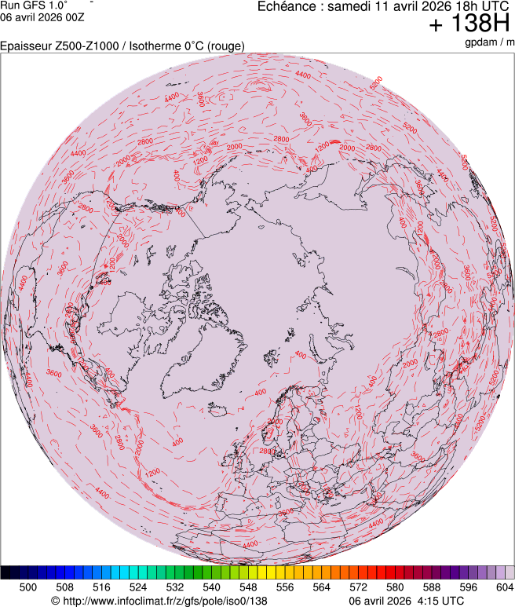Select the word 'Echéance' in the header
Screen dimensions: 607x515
click(286, 6)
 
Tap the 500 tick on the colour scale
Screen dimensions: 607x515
click(28, 587)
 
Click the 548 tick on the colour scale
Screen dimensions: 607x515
click(248, 587)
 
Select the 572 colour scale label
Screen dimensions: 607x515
click(358, 587)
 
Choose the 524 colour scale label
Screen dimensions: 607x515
click(138, 587)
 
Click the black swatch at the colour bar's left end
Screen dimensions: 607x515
click(6, 572)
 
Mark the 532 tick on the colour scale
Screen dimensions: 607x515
click(175, 587)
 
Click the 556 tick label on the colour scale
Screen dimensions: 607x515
click(285, 587)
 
